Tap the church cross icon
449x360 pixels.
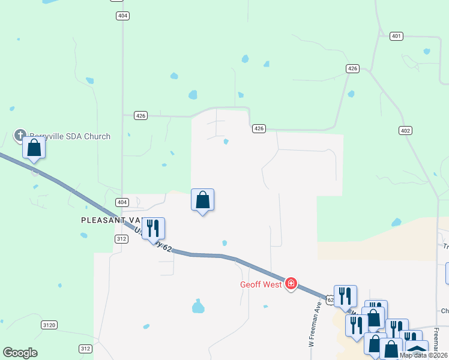coord(20,135)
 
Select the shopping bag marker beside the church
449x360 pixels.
coord(34,148)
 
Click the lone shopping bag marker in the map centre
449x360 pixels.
coord(203,200)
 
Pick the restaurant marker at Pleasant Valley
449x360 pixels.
coord(153,228)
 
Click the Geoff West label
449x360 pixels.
coord(261,284)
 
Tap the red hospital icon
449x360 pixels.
coord(291,283)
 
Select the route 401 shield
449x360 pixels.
coord(396,37)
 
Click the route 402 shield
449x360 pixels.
coord(405,130)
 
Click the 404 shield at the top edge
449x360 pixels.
coord(122,16)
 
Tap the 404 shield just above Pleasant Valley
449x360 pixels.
coord(122,202)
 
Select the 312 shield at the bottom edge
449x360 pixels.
coord(85,349)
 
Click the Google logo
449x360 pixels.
coord(20,353)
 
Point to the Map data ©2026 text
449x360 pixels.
coord(423,355)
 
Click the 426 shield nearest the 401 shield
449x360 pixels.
coord(352,69)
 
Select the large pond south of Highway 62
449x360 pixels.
coord(198,307)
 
